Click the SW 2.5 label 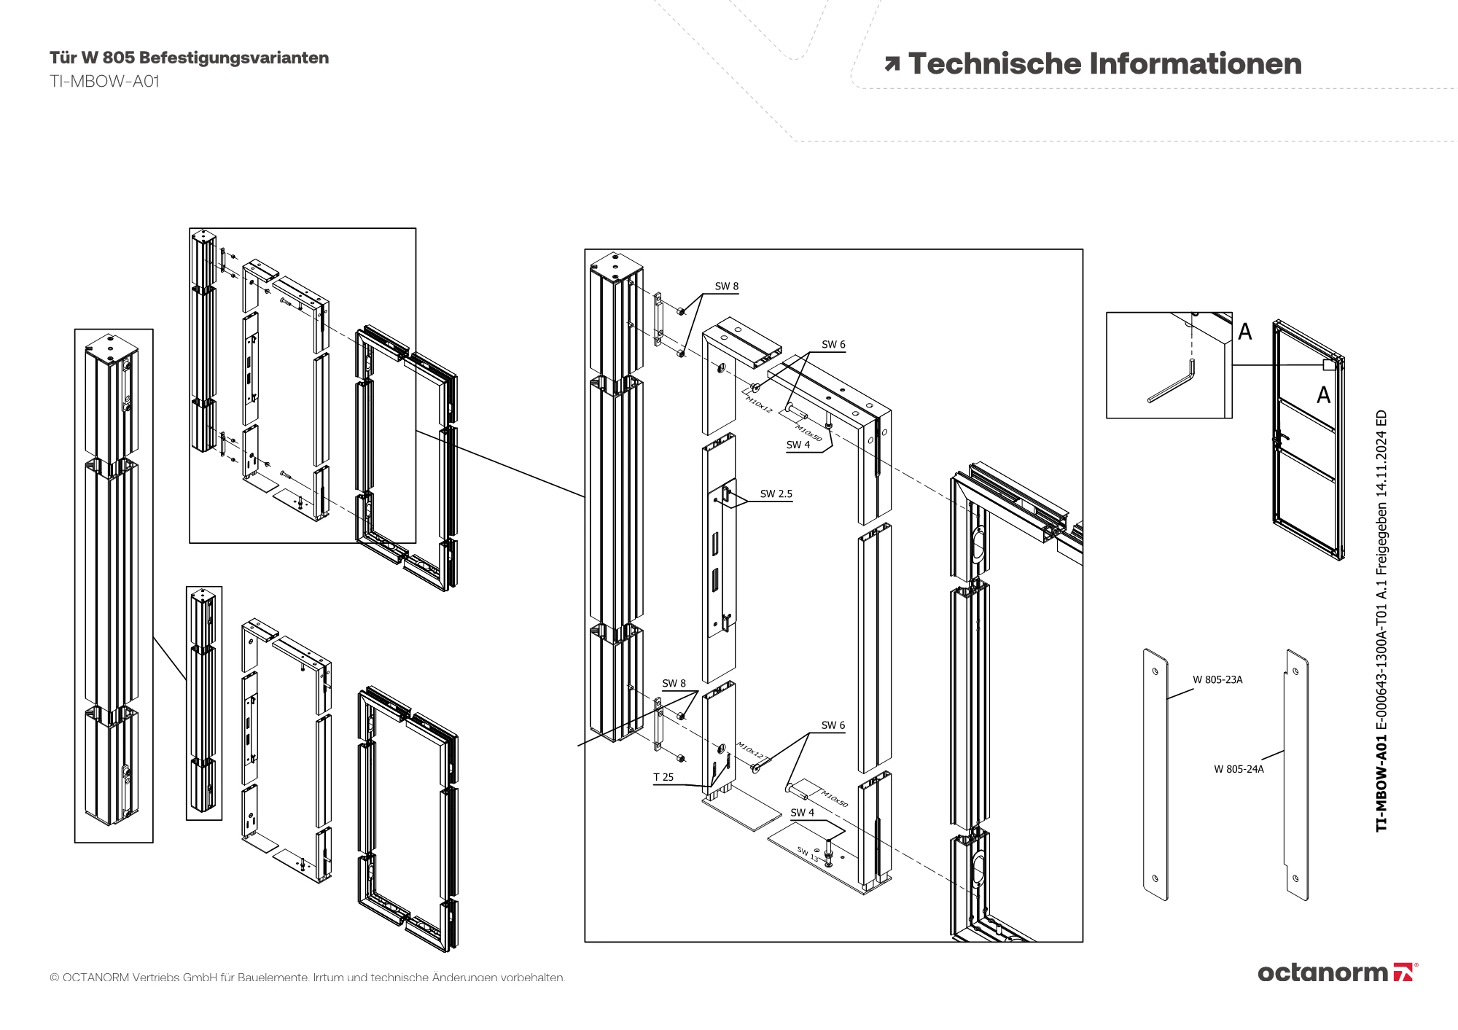pos(776,493)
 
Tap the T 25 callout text pos(663,777)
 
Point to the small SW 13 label pos(808,854)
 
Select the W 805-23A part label pos(1217,679)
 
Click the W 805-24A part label pos(1239,768)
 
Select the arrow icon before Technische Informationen pos(892,64)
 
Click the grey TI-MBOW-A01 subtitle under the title pos(104,81)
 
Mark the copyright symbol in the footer pos(54,978)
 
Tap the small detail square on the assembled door pos(1329,365)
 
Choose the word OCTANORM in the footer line pos(95,978)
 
